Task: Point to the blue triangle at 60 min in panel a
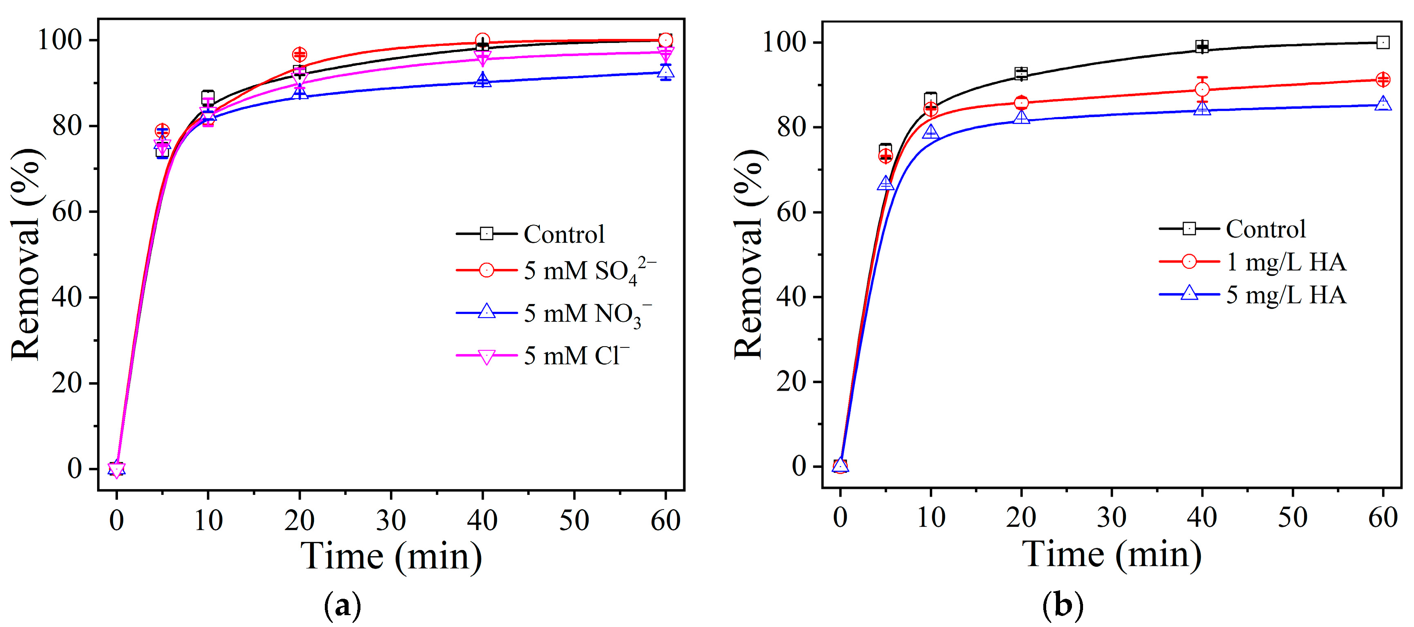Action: (665, 71)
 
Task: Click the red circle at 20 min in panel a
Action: (299, 54)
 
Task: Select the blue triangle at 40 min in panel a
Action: (483, 81)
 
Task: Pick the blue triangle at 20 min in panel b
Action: (1021, 117)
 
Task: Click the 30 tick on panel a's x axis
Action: (391, 519)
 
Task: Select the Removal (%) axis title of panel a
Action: (26, 254)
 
